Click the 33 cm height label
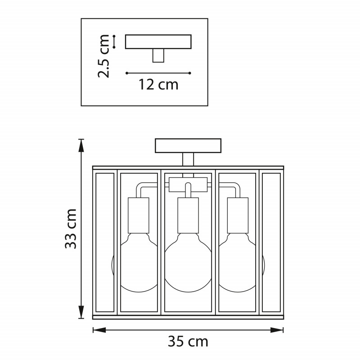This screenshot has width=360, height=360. [71, 229]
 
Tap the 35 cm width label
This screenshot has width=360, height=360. [188, 342]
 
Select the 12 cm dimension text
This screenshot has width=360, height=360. [158, 85]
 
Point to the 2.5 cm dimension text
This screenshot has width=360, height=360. [103, 56]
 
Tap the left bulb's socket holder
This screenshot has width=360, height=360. [139, 216]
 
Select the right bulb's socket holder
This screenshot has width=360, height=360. [238, 216]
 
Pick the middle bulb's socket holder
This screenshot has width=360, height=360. [188, 216]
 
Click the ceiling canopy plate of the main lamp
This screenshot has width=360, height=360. [188, 145]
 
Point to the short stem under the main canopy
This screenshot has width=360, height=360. [188, 159]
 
